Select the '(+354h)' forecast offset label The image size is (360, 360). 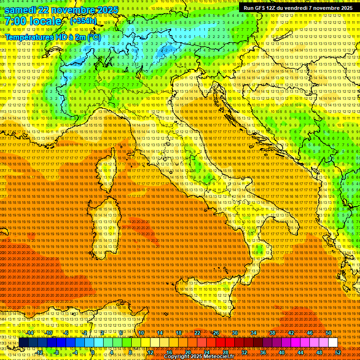83,21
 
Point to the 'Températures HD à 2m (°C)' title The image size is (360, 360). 52,37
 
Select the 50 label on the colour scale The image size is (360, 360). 329,333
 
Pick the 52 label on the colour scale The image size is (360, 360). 338,352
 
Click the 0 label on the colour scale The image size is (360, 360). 93,352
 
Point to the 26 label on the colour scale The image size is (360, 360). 216,333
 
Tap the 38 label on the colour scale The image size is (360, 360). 272,333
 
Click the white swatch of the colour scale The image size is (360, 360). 333,343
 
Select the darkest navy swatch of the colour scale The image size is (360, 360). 23,343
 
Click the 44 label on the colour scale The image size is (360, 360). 300,352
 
